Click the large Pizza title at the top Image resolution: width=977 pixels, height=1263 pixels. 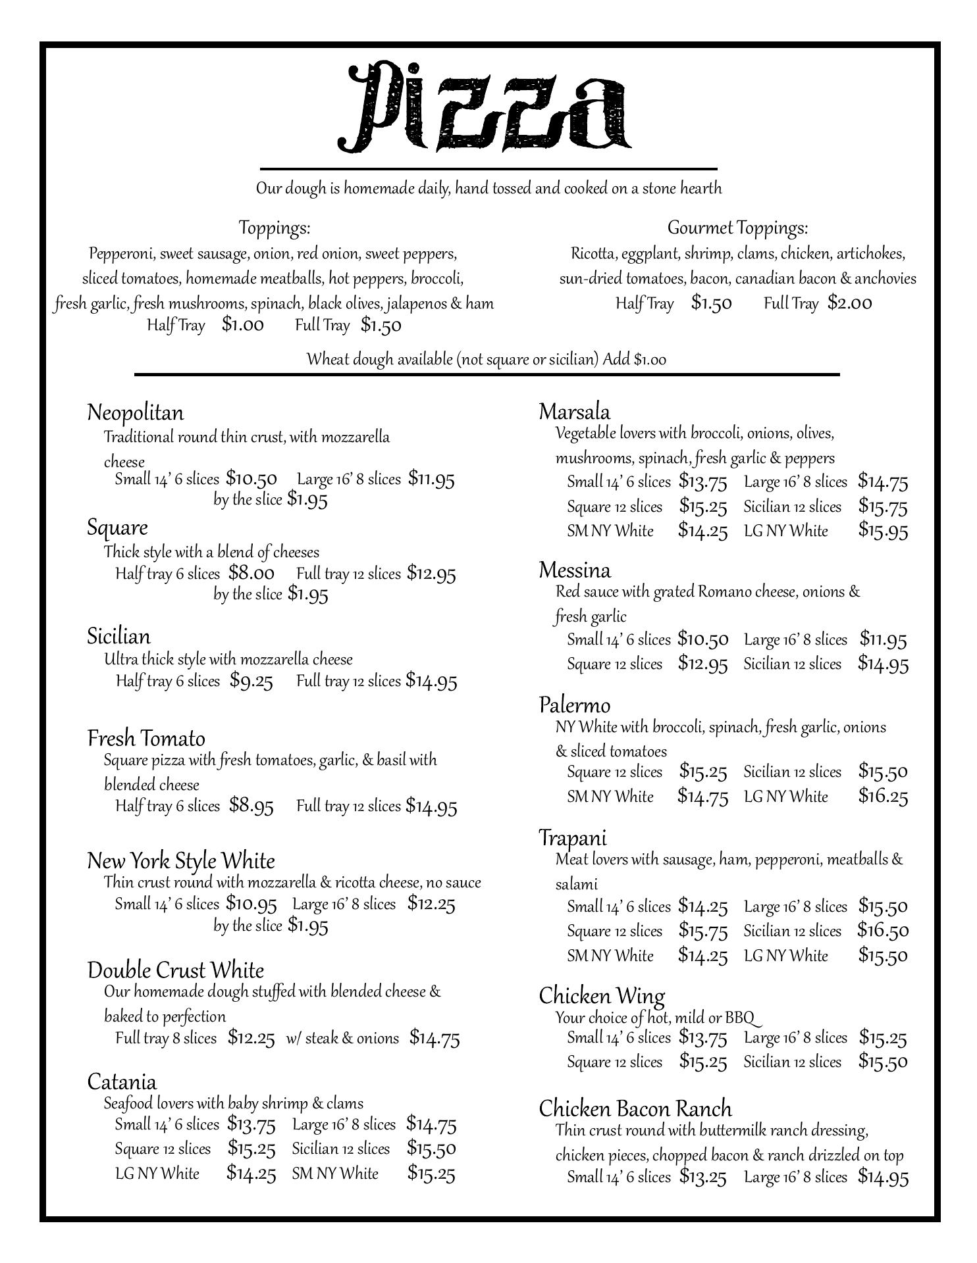point(485,107)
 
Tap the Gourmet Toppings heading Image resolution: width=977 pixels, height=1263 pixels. point(737,228)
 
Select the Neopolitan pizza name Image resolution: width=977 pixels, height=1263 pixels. point(136,413)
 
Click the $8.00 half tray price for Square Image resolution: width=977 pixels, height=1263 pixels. point(251,573)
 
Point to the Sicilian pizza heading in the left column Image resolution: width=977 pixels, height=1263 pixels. point(119,636)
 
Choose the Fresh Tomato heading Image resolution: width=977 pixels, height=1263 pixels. point(146,738)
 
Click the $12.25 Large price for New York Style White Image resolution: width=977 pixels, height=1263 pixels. point(431,904)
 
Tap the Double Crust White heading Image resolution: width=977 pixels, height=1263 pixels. point(176,970)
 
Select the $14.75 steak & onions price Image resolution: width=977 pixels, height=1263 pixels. point(435,1038)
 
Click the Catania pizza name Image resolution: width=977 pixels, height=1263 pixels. point(122,1082)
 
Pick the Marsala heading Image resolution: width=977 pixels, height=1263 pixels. point(574,412)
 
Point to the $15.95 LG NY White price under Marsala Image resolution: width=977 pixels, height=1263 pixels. point(883,531)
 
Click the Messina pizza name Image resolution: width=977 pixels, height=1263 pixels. point(575,570)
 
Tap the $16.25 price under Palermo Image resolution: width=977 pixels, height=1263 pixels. point(883,797)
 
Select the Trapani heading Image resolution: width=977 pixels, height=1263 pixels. point(573,838)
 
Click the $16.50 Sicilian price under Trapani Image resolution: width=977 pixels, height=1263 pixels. point(883,931)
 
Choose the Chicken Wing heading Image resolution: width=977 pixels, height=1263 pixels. point(602,996)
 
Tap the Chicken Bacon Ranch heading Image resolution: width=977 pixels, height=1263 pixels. point(635,1109)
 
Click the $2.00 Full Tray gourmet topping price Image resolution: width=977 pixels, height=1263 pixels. point(850,303)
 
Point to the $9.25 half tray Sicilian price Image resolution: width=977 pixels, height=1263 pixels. point(251,681)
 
